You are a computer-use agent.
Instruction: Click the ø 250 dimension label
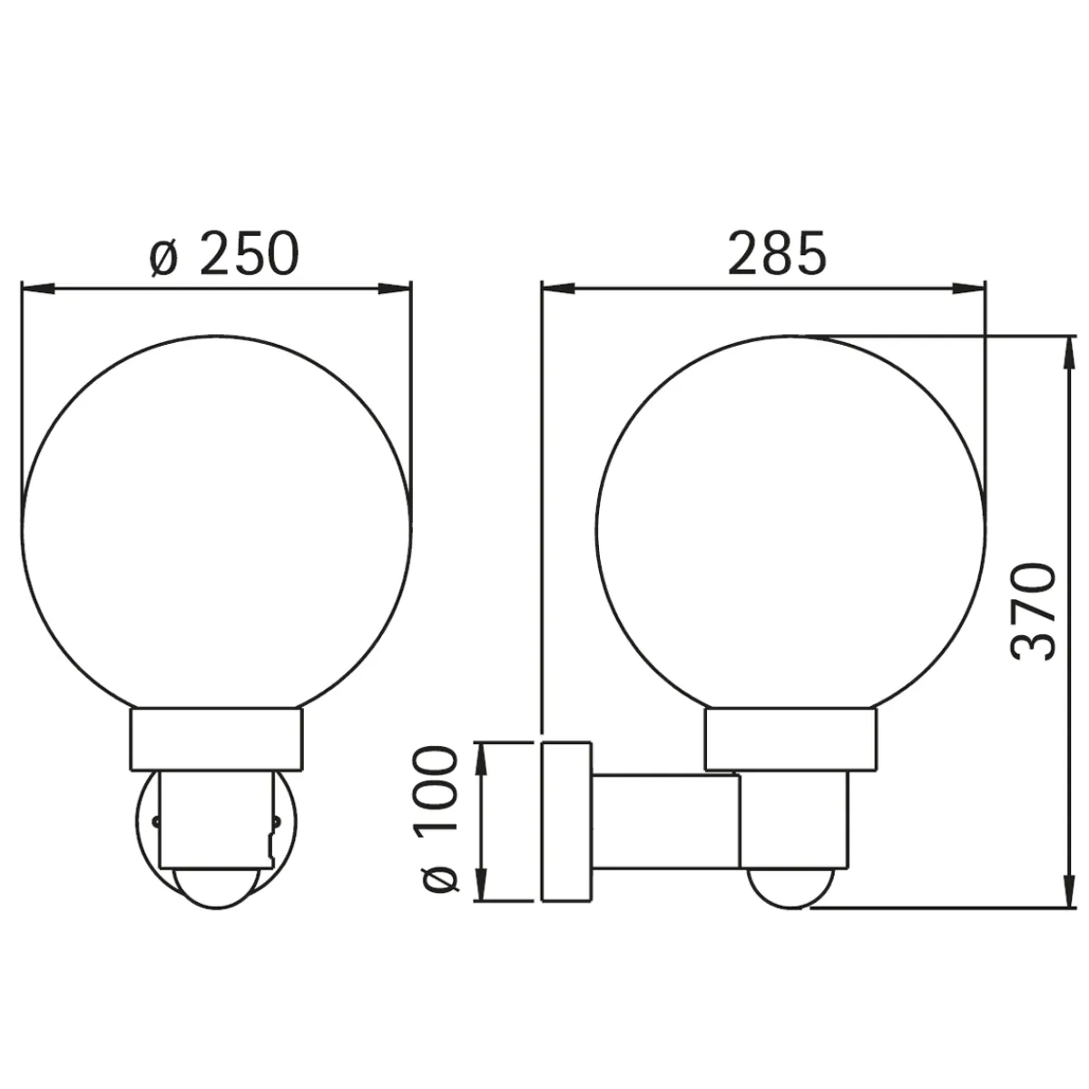pos(224,252)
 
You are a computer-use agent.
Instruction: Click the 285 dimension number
pos(777,252)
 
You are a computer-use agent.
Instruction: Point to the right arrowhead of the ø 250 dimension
pos(395,289)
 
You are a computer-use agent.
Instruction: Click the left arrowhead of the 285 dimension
pos(558,289)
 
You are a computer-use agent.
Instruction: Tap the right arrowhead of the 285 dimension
pos(970,289)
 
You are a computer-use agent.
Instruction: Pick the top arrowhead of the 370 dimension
pos(1069,354)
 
